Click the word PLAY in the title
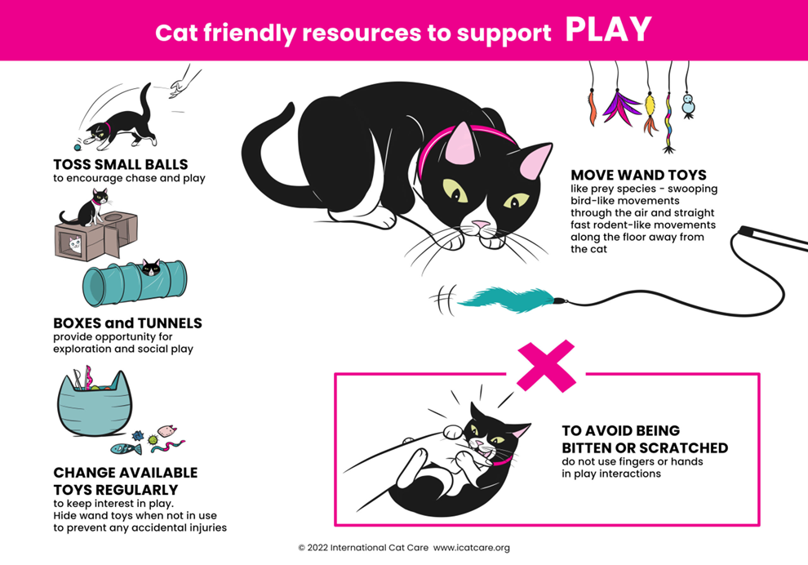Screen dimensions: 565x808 tap(608, 30)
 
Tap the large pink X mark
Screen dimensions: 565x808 tap(546, 365)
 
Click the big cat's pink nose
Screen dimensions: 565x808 tap(482, 224)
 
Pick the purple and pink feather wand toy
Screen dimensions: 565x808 tap(621, 106)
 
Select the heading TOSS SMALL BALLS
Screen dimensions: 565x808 tap(121, 165)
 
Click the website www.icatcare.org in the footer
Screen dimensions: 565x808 tap(472, 548)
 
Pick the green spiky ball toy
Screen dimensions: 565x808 tap(152, 440)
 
